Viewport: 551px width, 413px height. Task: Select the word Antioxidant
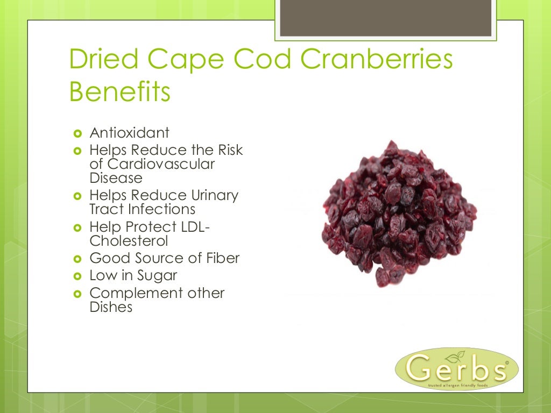pos(129,133)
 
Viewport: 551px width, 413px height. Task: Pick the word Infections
pos(161,209)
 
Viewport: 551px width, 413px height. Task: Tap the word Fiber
pos(222,258)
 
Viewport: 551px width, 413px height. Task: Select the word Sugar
pos(156,276)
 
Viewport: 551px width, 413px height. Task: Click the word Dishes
pos(111,308)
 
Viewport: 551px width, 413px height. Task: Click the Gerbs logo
pos(456,368)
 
